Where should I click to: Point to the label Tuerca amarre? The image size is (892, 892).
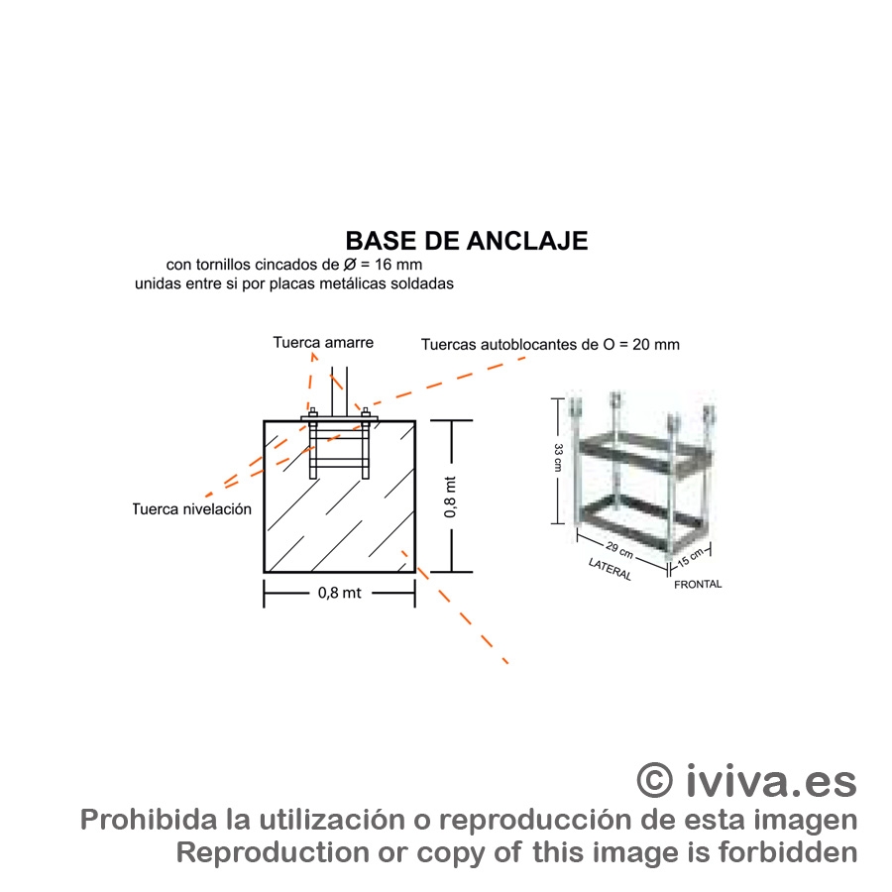coord(323,343)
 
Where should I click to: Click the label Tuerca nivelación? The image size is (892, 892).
coord(192,509)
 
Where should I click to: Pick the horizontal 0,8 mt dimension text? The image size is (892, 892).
coord(339,594)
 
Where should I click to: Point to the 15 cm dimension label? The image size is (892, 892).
coord(690,559)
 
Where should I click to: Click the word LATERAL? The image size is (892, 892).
coord(610,570)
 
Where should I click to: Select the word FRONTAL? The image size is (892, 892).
coord(698,585)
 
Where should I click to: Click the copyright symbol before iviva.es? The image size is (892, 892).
coord(654,780)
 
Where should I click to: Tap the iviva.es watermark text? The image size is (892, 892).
coord(770,780)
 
